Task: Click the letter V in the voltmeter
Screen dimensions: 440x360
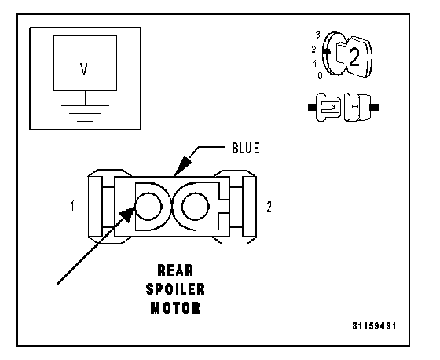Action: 84,68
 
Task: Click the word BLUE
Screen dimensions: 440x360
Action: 246,148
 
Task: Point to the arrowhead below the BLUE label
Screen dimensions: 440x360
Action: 183,164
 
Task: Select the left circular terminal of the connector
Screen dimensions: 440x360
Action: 148,207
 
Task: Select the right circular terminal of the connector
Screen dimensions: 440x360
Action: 196,207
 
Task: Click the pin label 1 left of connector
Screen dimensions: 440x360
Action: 72,206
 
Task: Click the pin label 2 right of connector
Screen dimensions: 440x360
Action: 269,207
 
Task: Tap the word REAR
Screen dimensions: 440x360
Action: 175,270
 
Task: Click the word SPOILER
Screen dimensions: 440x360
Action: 175,289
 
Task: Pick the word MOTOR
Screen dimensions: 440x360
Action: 175,308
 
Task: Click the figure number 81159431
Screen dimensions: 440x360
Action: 374,326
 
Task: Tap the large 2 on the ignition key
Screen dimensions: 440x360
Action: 354,57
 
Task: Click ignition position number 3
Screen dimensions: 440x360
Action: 317,35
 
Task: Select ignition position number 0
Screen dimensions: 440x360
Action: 321,75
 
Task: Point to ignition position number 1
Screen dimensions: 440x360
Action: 315,64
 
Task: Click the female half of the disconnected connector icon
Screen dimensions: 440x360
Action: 361,107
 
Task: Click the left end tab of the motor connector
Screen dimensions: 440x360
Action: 95,207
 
